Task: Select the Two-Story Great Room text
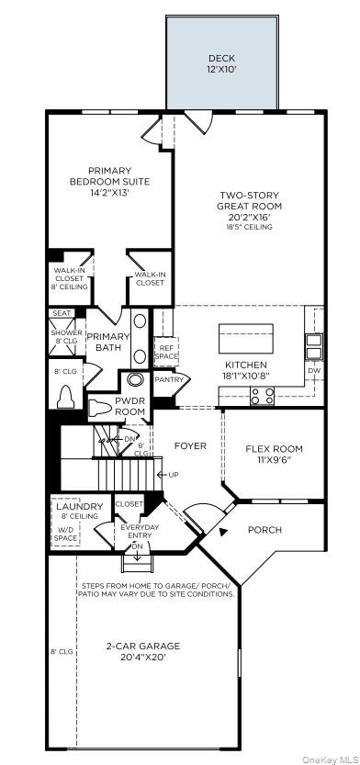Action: pyautogui.click(x=250, y=207)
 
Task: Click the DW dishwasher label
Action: pyautogui.click(x=314, y=371)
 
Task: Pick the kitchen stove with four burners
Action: pyautogui.click(x=262, y=396)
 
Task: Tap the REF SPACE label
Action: pyautogui.click(x=166, y=352)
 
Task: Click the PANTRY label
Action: pyautogui.click(x=169, y=379)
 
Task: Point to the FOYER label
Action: pyautogui.click(x=190, y=446)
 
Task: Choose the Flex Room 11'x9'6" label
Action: pyautogui.click(x=274, y=455)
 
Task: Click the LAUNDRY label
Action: pyautogui.click(x=80, y=511)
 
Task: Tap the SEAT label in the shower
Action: pyautogui.click(x=62, y=313)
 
